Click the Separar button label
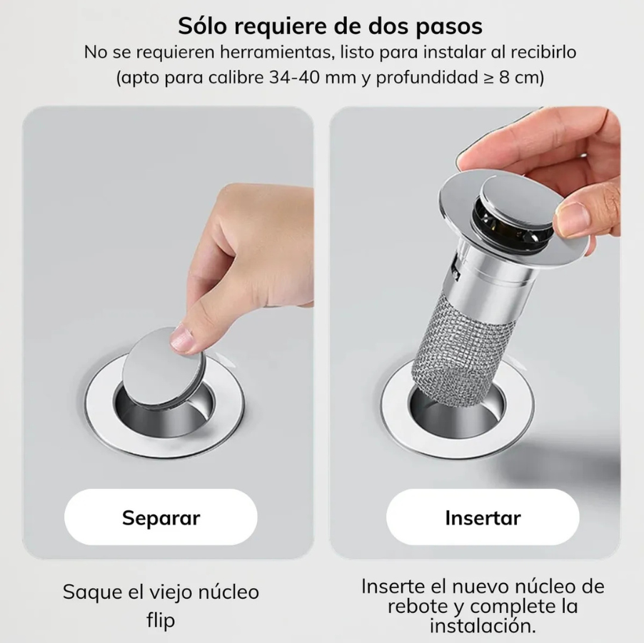(x=161, y=517)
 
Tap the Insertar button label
(x=483, y=517)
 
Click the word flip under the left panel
(x=161, y=621)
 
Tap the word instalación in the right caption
(x=482, y=626)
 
